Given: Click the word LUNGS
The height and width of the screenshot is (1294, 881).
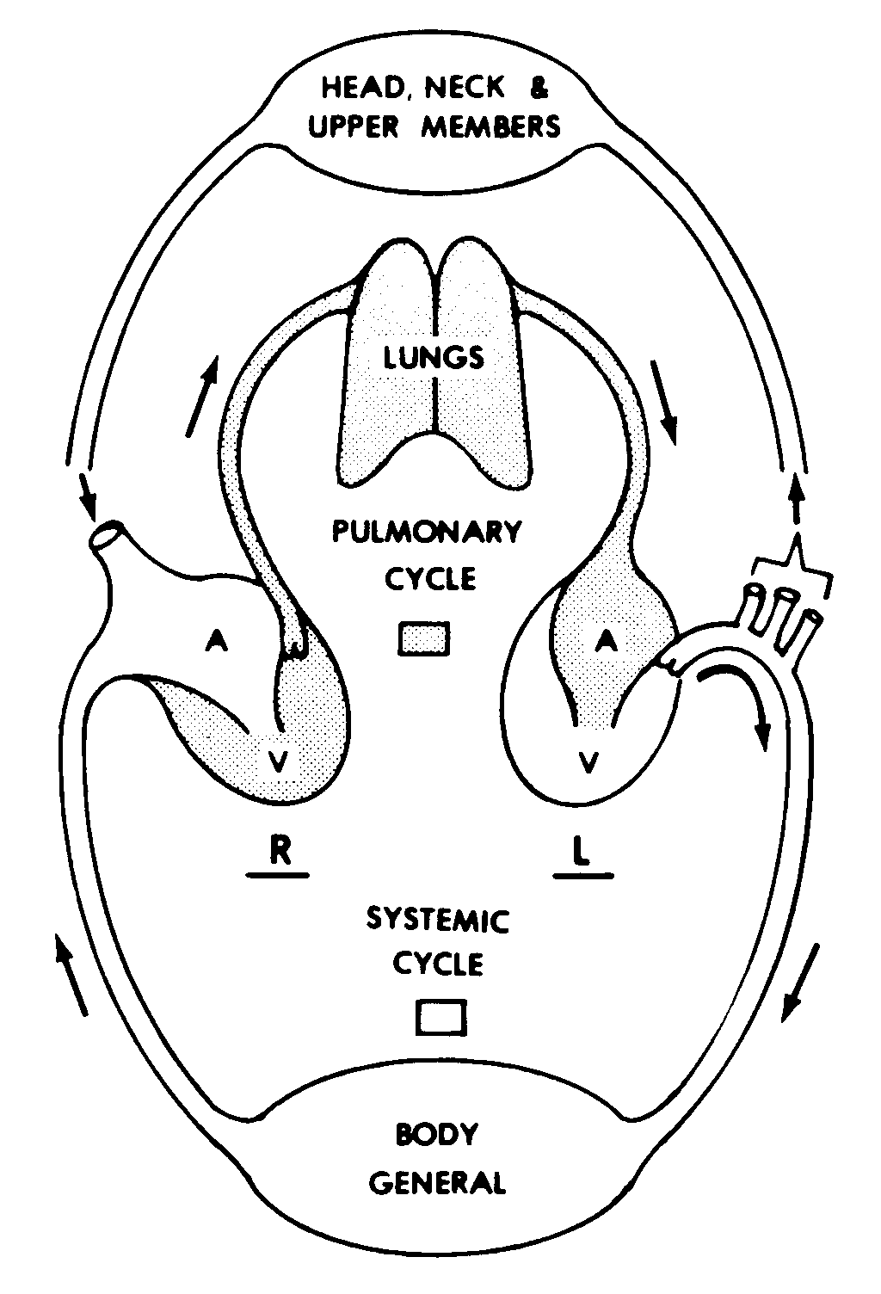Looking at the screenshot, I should [x=434, y=356].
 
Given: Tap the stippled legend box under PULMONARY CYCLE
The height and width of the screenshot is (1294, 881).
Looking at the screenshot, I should [x=424, y=639].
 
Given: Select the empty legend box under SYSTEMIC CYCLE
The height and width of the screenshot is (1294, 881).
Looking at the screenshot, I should [x=441, y=1018].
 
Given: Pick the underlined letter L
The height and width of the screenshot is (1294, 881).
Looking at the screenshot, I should [x=582, y=851].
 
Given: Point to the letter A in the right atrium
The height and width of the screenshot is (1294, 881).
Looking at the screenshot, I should [x=219, y=642].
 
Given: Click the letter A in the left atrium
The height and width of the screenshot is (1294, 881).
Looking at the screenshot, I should [x=607, y=639].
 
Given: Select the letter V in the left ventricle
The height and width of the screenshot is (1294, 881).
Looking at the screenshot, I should [x=588, y=761].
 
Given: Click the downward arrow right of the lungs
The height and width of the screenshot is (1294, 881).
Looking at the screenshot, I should [x=665, y=402].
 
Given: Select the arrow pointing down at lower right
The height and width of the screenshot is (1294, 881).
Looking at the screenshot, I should [x=800, y=981].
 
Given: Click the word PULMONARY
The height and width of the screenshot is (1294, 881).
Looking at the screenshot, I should [x=427, y=531].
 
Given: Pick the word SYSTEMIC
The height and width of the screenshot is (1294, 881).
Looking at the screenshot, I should [x=438, y=920].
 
